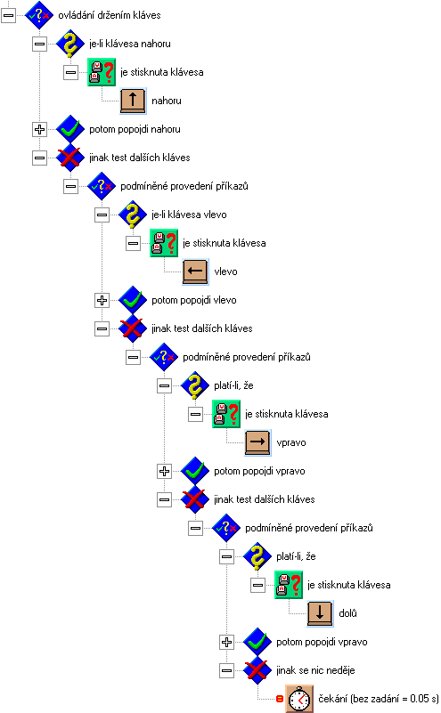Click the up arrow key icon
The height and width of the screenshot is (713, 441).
(133, 101)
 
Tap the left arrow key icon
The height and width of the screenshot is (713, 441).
(195, 271)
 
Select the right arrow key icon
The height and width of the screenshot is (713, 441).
(257, 442)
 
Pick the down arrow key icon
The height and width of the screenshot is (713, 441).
(320, 613)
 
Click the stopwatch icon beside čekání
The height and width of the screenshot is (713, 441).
(299, 699)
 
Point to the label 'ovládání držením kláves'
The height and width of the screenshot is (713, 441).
(110, 15)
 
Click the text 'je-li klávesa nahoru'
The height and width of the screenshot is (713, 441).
(130, 44)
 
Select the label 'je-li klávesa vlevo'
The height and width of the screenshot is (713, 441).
(189, 215)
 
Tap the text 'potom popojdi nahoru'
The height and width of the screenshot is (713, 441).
(135, 129)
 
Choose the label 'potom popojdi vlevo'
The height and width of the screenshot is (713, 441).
(194, 300)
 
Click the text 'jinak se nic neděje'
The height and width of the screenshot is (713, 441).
(315, 670)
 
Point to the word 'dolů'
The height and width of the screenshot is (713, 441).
(347, 613)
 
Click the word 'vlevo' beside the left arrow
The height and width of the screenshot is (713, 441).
(225, 271)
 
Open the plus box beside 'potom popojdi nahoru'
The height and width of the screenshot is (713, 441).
(39, 129)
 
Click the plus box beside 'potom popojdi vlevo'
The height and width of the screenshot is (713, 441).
(102, 300)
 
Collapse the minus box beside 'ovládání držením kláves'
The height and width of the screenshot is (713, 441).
(9, 15)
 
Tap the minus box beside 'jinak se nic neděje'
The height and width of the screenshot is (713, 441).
(226, 670)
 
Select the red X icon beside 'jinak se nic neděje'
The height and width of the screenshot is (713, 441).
(257, 670)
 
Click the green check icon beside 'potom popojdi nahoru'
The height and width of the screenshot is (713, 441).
(70, 129)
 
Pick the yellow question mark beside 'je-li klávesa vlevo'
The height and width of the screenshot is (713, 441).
(133, 215)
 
